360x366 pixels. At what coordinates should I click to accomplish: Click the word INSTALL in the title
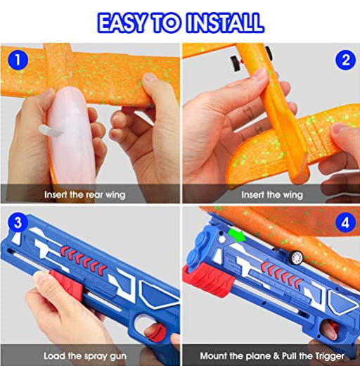pos(224,23)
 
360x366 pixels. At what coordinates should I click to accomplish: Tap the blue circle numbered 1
pos(18,60)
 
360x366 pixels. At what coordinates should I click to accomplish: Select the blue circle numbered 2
pos(345,60)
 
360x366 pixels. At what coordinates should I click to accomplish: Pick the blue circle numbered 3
pos(18,222)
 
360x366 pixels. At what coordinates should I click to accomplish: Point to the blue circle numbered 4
pos(345,222)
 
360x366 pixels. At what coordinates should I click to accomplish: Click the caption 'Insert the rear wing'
pos(85,195)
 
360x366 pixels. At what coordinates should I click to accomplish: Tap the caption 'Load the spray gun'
pos(85,356)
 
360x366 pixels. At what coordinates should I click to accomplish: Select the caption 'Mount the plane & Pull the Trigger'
pos(272,356)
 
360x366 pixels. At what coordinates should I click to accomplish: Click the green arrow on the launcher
pos(236,235)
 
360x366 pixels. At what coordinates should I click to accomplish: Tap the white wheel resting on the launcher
pos(296,258)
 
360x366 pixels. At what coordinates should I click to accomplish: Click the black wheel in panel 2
pos(235,63)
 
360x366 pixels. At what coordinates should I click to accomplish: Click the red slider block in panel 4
pos(209,279)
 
